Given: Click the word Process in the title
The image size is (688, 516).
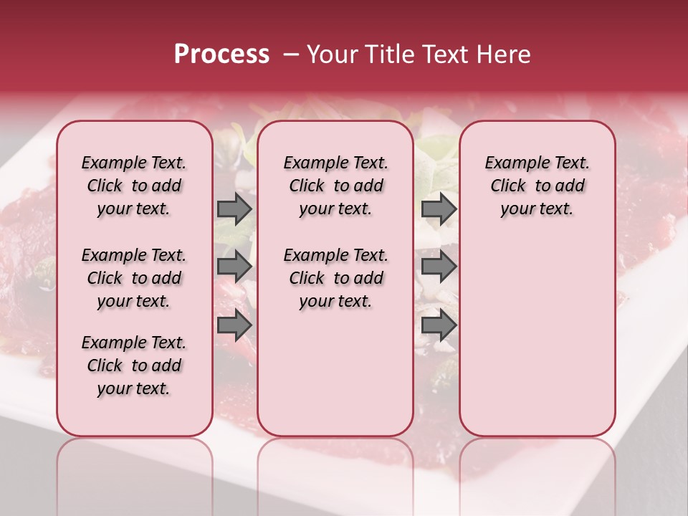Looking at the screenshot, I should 221,54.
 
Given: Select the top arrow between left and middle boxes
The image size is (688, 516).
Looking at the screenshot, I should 234,209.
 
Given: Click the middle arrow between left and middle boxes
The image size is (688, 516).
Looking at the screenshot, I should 234,267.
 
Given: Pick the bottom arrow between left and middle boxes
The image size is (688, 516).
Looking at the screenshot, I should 234,325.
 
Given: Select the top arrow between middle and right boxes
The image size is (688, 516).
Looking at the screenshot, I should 439,209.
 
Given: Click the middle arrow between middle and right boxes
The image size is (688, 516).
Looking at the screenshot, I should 439,267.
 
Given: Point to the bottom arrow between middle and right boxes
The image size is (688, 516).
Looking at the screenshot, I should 439,325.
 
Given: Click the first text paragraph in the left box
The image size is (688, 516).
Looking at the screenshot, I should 134,186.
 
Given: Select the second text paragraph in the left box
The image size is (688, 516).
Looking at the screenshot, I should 134,278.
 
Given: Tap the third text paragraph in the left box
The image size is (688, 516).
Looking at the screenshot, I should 134,365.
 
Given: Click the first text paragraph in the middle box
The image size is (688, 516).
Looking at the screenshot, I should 335,186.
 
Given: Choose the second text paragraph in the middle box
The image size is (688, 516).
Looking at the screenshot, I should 335,278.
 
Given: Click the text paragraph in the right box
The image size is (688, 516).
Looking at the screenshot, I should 537,186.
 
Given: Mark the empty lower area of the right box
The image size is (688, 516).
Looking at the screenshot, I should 537,330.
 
